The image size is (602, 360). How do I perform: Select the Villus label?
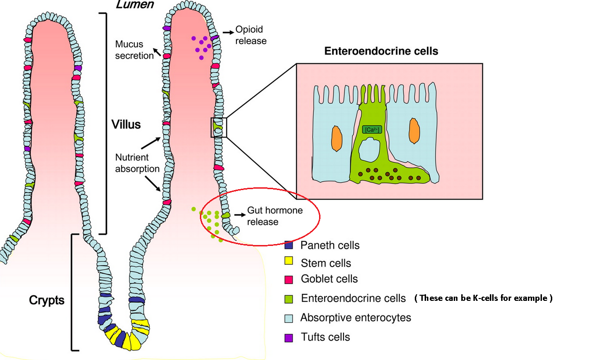point(126,125)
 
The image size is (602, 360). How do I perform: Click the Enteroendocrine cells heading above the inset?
point(381,51)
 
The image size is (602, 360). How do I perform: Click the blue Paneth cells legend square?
point(289,245)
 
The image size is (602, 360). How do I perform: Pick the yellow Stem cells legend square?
point(289,261)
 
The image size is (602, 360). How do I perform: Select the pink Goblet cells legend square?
point(289,279)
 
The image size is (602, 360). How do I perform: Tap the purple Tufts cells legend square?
point(289,337)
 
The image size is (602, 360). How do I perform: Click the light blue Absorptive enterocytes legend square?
point(289,318)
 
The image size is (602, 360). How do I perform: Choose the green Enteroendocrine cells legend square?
point(289,299)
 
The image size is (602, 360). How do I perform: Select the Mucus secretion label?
point(135,50)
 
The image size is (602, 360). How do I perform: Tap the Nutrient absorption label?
point(137,162)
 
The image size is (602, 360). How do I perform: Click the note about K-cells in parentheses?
point(483,298)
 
